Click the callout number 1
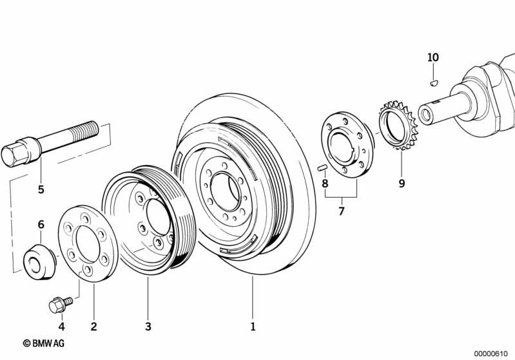point(253,327)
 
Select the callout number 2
point(93,327)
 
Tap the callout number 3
point(148,327)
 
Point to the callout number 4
point(62,327)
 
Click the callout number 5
point(41,189)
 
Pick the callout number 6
point(41,225)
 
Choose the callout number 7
point(342,211)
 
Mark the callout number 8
point(325,184)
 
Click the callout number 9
point(402,184)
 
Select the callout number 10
point(433,57)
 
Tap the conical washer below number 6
point(38,263)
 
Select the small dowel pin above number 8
point(323,168)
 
